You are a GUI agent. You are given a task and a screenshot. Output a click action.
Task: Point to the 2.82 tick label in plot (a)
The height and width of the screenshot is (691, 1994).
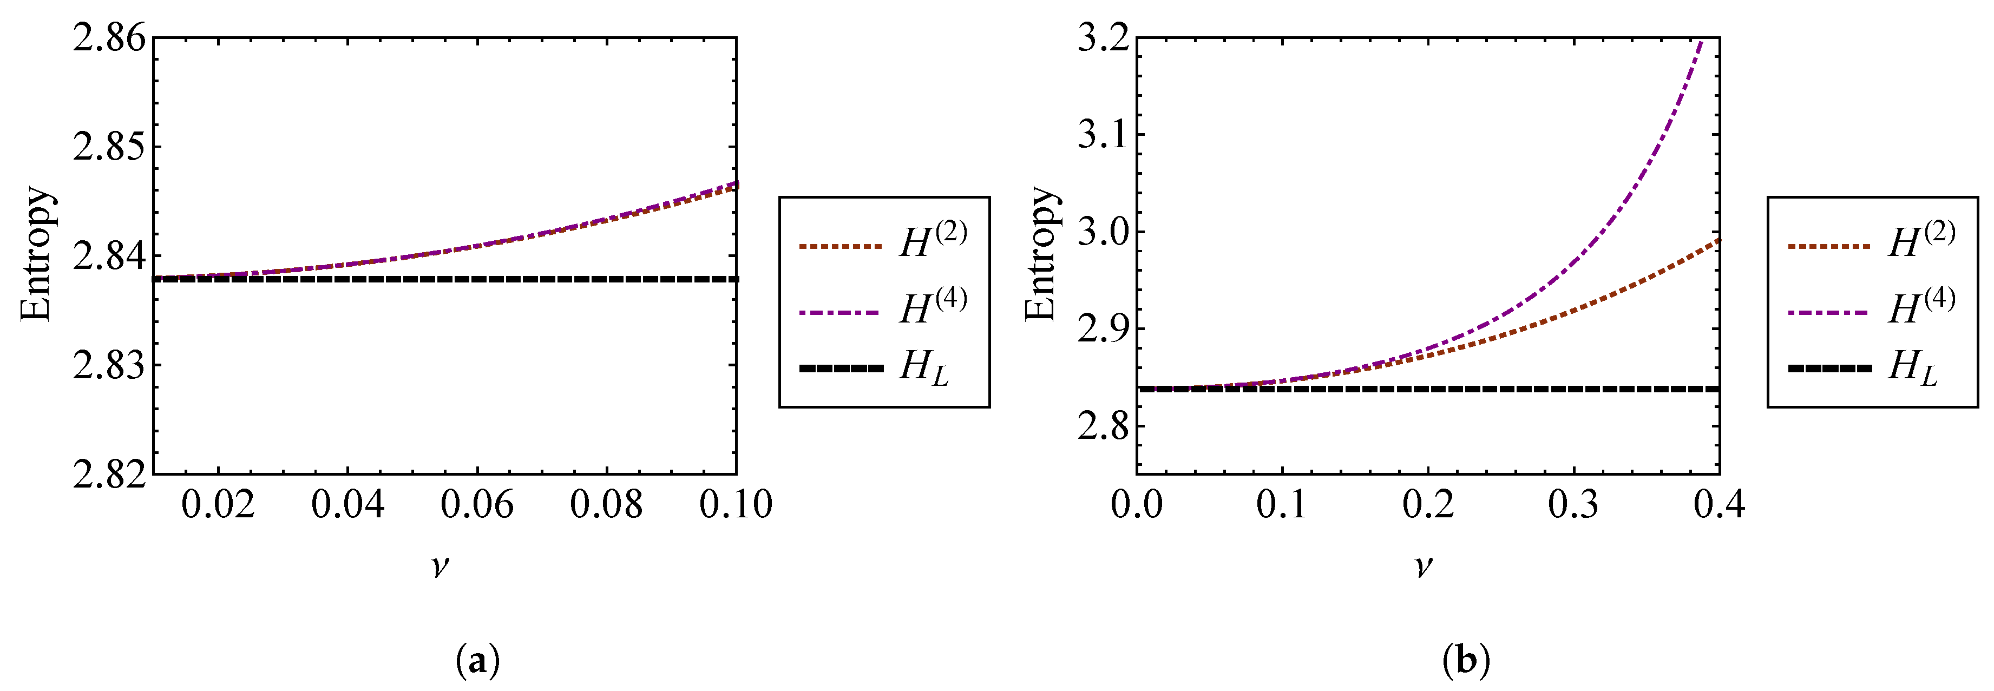click(109, 475)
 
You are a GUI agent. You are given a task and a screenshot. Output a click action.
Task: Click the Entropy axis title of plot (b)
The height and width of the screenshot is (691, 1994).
click(1041, 254)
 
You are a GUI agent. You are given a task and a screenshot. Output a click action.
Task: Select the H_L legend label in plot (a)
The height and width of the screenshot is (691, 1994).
click(923, 367)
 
